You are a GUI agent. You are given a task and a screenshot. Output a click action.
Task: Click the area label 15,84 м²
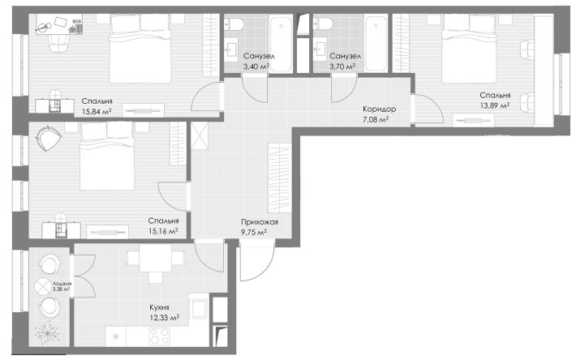(x=97, y=111)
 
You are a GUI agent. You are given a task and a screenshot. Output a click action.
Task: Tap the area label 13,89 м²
(x=495, y=105)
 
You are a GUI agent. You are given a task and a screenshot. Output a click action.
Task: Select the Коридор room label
(x=379, y=109)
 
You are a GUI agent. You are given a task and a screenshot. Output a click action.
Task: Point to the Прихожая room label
(x=260, y=222)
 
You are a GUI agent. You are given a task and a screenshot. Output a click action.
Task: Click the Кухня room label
(x=159, y=307)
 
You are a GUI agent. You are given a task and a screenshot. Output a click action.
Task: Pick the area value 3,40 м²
(x=256, y=66)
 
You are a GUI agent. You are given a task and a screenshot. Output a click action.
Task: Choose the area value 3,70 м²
(x=342, y=66)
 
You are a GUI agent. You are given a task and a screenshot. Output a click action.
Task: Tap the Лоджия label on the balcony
(x=62, y=284)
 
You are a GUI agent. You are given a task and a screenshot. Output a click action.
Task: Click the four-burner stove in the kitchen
(x=160, y=336)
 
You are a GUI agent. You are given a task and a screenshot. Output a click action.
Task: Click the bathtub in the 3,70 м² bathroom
(x=376, y=43)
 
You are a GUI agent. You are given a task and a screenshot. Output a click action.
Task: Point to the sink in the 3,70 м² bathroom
(x=320, y=49)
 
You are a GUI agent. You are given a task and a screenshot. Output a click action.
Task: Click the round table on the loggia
(x=43, y=286)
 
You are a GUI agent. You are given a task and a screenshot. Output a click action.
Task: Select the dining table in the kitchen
(x=156, y=259)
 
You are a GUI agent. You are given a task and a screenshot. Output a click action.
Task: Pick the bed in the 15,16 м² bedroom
(x=107, y=156)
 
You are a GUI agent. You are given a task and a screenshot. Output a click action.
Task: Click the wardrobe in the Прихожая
(x=280, y=178)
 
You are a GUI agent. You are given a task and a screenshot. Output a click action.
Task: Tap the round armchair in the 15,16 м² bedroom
(x=47, y=139)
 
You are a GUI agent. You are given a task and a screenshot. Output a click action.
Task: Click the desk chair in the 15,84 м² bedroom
(x=58, y=42)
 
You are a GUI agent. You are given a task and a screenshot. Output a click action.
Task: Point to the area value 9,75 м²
(x=254, y=232)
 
